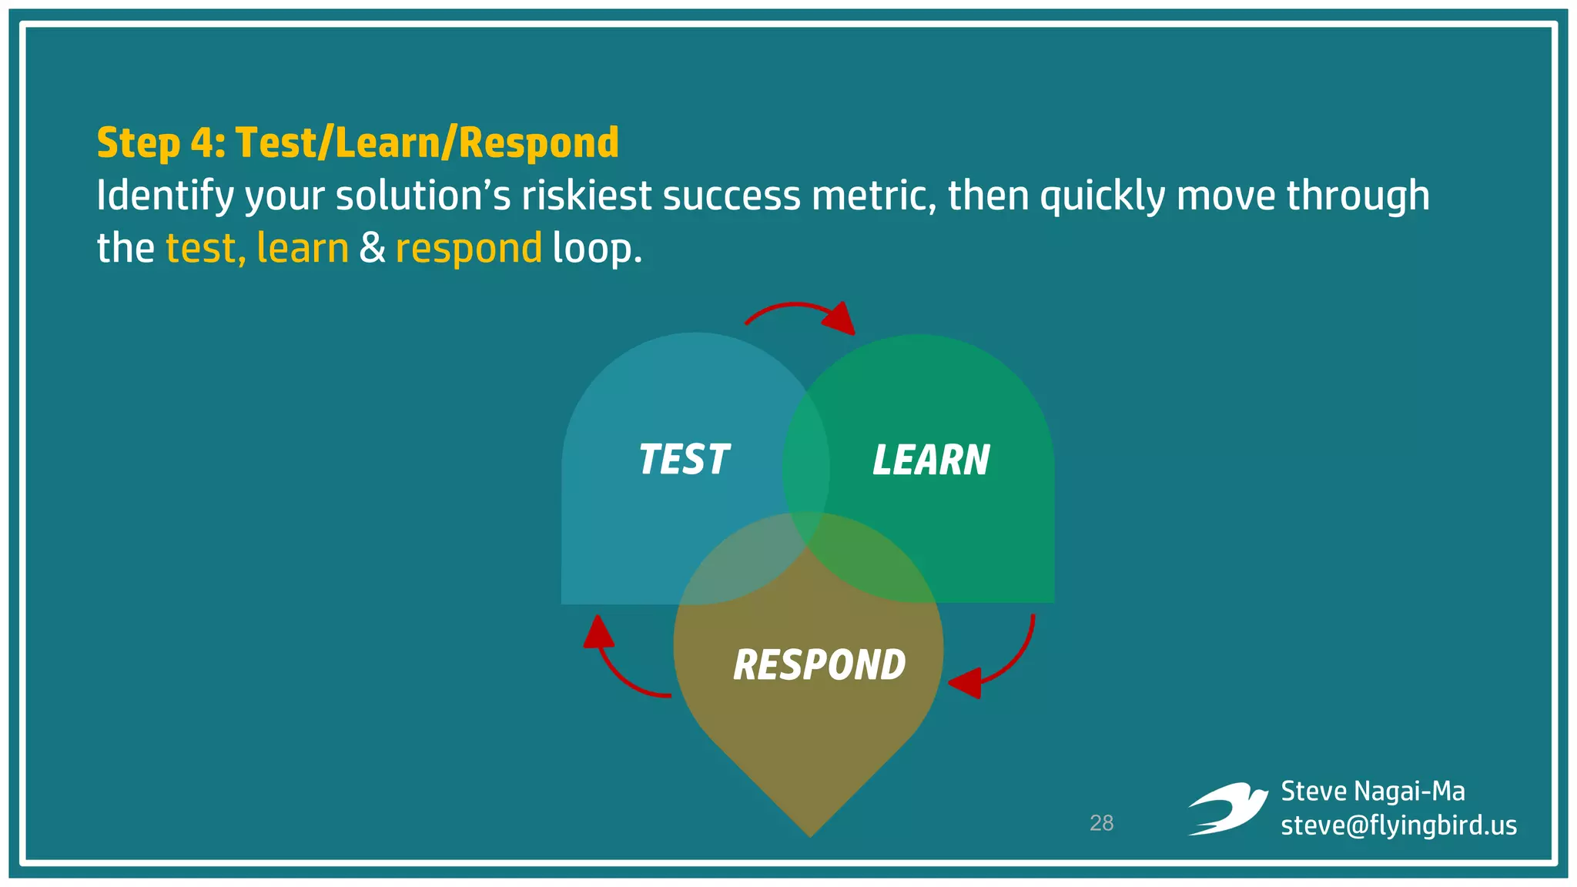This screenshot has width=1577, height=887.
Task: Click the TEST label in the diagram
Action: (x=683, y=460)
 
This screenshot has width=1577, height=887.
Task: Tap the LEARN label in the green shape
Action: (x=930, y=460)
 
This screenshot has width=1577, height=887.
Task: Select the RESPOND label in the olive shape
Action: (x=819, y=665)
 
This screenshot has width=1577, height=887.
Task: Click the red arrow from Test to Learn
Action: (x=801, y=312)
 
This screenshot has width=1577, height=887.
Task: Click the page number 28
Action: (x=1101, y=823)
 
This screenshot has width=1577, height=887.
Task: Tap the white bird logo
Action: (x=1227, y=808)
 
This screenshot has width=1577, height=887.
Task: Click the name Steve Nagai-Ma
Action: (x=1372, y=792)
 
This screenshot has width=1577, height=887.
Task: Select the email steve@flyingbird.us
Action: (x=1398, y=825)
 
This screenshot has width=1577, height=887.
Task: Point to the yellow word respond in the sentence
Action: (x=468, y=248)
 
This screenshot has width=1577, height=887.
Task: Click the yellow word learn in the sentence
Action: (x=302, y=248)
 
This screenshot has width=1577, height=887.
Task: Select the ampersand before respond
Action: (x=372, y=248)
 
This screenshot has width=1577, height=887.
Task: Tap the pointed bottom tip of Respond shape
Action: (x=809, y=832)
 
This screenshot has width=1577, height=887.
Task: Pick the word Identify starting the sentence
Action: (x=165, y=196)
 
